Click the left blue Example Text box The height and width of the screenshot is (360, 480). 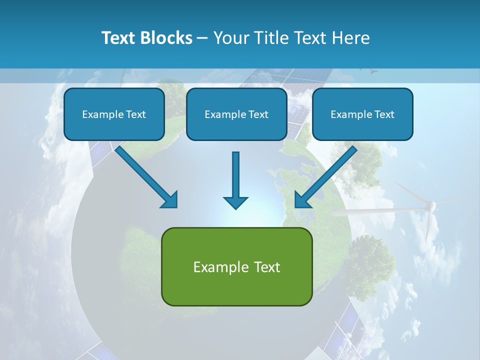tap(114, 114)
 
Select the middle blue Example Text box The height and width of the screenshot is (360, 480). tap(236, 114)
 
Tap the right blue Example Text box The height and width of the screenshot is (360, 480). tap(362, 114)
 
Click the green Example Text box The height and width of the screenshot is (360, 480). tap(236, 267)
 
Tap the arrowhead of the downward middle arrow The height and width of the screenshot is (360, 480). tap(235, 202)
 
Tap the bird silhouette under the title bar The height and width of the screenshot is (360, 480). tap(373, 72)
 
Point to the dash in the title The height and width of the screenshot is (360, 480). tap(202, 38)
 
